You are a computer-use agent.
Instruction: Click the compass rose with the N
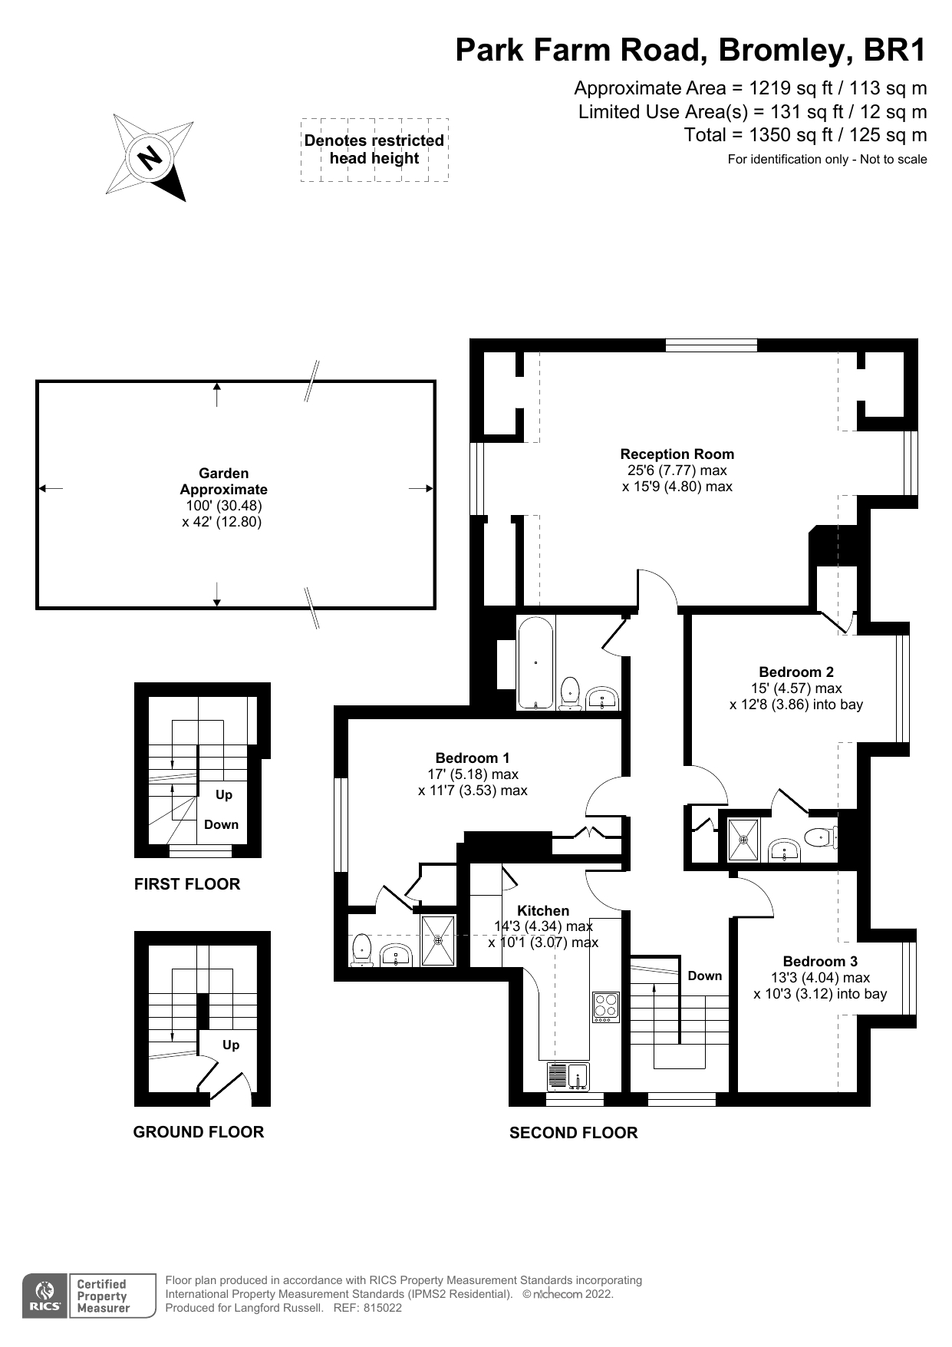point(150,157)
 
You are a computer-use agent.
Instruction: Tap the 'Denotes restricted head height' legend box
point(374,150)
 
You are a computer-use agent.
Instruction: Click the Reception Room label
point(677,454)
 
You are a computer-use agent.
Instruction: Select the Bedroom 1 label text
point(472,758)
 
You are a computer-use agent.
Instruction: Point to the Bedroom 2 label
point(796,672)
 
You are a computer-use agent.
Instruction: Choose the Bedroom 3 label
point(820,961)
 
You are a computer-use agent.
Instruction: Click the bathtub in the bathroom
point(535,662)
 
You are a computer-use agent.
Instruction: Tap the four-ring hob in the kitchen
point(605,1007)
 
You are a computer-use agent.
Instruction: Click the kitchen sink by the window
point(568,1076)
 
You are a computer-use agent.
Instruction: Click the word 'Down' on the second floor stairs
point(704,976)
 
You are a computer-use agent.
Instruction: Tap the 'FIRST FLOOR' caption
point(187,884)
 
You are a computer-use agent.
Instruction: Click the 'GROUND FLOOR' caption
point(198,1132)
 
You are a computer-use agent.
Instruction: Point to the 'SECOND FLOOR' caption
point(573,1133)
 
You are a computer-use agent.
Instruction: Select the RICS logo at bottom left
point(43,1296)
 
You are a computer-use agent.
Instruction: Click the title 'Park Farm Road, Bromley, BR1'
point(690,50)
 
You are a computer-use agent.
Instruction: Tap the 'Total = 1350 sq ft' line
point(805,135)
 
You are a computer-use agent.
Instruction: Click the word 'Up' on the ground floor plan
point(230,1045)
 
